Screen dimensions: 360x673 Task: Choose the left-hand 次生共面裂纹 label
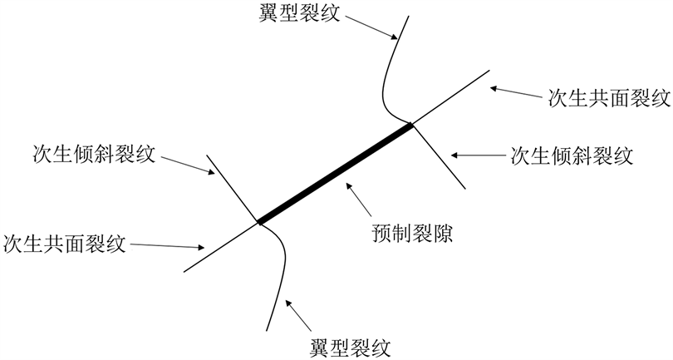coord(64,244)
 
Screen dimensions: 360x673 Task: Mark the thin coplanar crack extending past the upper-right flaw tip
coord(453,97)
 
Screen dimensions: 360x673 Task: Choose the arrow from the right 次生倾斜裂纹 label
coord(478,155)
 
